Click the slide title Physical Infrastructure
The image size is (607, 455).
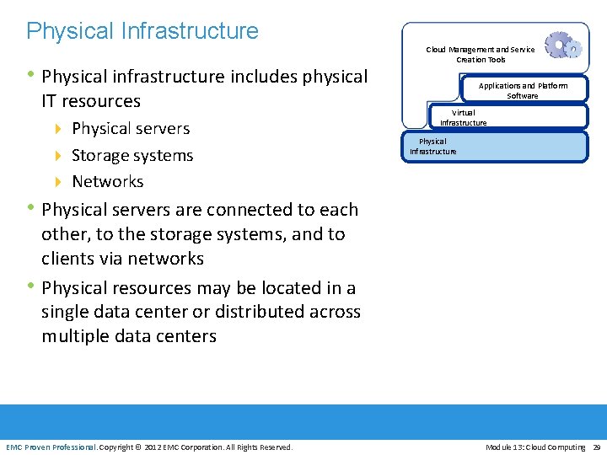[x=142, y=31]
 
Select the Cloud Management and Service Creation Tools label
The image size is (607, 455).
[x=480, y=55]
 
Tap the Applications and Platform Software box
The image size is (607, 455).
[x=523, y=90]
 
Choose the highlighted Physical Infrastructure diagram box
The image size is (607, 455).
[x=497, y=147]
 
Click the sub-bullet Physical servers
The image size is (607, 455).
[x=131, y=129]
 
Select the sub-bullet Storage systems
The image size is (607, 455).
[x=132, y=156]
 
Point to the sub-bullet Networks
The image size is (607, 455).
[x=108, y=182]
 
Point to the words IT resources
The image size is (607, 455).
[x=91, y=101]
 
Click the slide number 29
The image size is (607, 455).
[x=596, y=447]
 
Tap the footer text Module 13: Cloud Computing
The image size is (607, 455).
[x=535, y=447]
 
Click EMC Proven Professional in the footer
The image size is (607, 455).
[x=51, y=447]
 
